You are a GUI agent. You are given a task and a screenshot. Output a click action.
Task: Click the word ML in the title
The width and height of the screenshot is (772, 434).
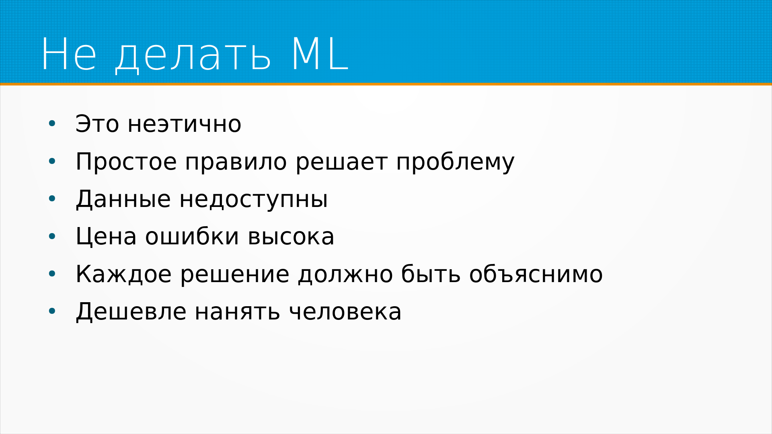(320, 55)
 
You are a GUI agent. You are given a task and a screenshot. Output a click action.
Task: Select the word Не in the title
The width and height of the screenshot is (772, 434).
(69, 55)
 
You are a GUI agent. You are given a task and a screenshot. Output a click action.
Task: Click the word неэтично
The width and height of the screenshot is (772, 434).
(185, 124)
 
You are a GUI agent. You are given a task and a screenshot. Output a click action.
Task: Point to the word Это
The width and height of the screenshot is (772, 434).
(97, 124)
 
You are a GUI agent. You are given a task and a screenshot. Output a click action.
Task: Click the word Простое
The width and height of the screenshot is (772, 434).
(126, 162)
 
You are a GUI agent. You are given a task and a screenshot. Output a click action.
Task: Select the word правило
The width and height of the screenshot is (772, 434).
(236, 162)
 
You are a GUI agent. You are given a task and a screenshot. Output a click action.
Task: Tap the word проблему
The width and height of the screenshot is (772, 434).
(455, 162)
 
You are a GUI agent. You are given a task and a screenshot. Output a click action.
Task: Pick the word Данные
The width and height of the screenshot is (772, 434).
(123, 199)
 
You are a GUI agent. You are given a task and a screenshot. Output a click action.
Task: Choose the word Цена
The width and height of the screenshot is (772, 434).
(106, 236)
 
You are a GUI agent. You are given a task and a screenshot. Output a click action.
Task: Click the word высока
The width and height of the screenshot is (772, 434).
(291, 237)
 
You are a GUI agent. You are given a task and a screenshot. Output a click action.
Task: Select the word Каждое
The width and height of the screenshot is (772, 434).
(123, 274)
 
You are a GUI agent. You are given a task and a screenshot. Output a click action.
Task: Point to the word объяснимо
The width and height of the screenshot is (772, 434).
(536, 275)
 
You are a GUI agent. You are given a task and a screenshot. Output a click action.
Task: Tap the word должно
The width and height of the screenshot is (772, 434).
(345, 275)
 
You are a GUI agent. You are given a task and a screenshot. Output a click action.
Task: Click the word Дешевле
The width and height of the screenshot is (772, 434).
(131, 312)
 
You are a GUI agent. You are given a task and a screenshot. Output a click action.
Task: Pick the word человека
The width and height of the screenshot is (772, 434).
(345, 312)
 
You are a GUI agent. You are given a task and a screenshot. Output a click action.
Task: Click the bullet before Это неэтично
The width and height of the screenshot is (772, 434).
(52, 124)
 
